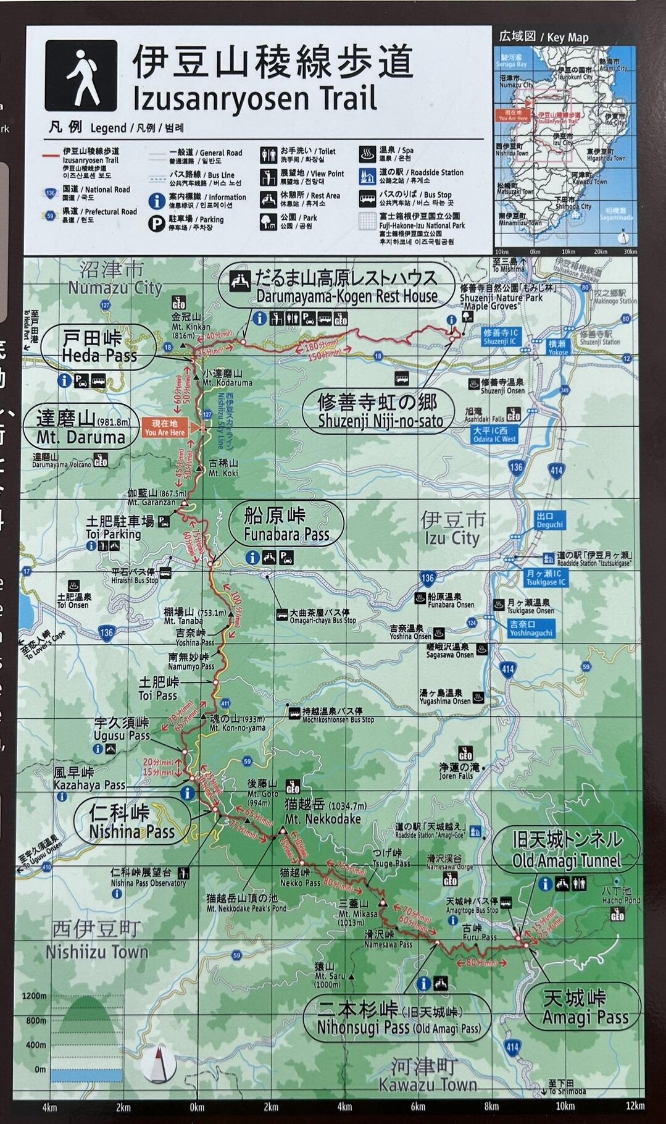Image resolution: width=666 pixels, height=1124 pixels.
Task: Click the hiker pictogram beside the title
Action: pos(81,76)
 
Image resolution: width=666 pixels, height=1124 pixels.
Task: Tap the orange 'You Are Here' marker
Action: pos(165,428)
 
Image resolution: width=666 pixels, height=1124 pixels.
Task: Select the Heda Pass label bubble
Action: pos(99,347)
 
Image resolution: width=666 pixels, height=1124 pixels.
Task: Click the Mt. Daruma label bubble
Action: pos(81,429)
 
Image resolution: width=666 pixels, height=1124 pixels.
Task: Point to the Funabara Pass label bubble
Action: pos(286,524)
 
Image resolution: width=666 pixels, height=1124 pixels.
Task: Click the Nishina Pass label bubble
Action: pos(131,822)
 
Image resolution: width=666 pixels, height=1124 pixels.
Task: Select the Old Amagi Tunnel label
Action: pos(566,850)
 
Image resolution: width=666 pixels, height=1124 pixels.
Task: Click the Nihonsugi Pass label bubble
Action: pos(398,1018)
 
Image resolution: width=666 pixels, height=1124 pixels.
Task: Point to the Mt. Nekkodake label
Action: pos(323,812)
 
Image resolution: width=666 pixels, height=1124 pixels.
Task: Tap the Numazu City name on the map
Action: pos(114,279)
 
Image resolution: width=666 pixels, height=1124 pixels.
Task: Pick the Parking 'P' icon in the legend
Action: pos(156,224)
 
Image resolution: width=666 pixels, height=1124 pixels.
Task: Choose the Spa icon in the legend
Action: pos(367,153)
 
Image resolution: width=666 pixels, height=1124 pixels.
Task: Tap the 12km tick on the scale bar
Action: pos(635,1105)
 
